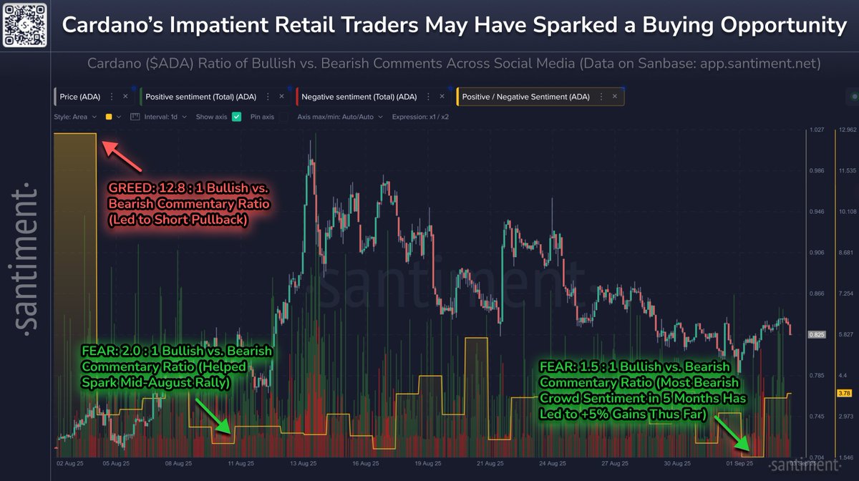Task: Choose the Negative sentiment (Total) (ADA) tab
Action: point(359,96)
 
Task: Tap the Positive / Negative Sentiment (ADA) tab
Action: point(526,96)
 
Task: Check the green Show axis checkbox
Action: point(237,117)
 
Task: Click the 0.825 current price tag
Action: point(817,334)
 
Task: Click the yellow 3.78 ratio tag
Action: point(845,392)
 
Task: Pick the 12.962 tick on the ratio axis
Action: point(846,130)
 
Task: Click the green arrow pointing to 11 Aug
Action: point(213,417)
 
